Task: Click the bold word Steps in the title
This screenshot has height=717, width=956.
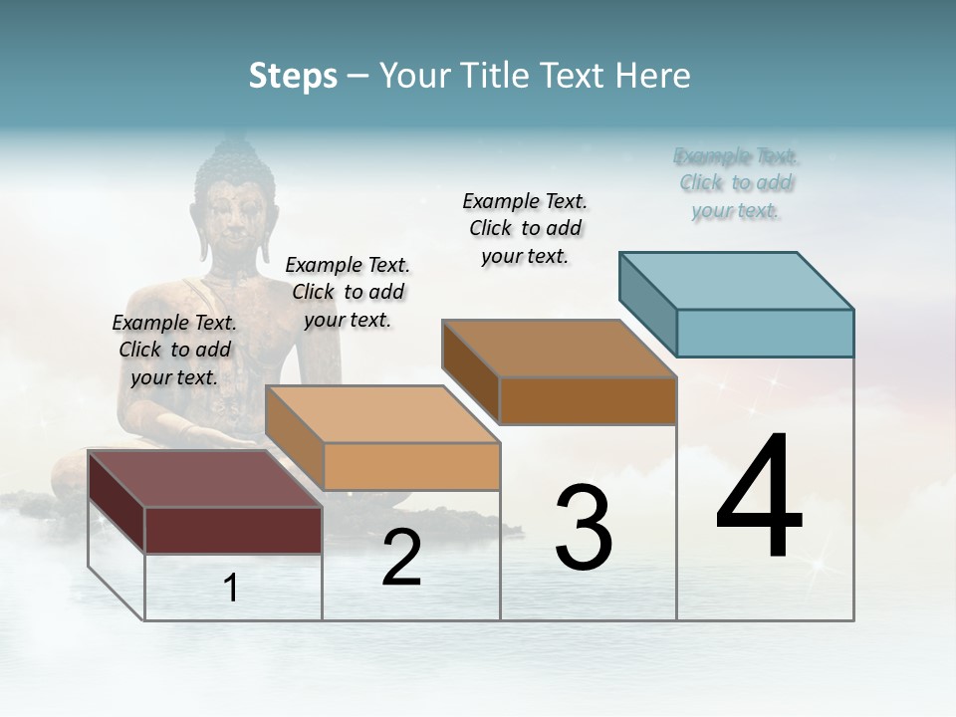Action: pyautogui.click(x=293, y=76)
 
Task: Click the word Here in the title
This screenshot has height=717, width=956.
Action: pyautogui.click(x=653, y=76)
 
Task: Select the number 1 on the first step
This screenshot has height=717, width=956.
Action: pyautogui.click(x=231, y=588)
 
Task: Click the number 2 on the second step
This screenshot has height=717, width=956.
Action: pyautogui.click(x=401, y=559)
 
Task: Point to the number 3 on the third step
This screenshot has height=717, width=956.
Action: pyautogui.click(x=584, y=528)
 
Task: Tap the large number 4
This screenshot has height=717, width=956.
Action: pyautogui.click(x=759, y=498)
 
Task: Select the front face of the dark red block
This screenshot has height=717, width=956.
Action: pyautogui.click(x=233, y=530)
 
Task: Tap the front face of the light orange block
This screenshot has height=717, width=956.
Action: pyautogui.click(x=411, y=466)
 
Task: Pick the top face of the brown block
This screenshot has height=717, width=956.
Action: pyautogui.click(x=559, y=349)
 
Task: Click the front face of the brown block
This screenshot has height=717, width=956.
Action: pyautogui.click(x=588, y=400)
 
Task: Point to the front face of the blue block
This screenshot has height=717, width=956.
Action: pyautogui.click(x=765, y=333)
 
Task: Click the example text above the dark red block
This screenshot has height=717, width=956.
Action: pyautogui.click(x=174, y=350)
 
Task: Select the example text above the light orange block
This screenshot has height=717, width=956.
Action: pyautogui.click(x=348, y=292)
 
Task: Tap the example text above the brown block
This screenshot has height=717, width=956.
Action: pyautogui.click(x=525, y=228)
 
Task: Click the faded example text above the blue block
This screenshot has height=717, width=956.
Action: pyautogui.click(x=736, y=183)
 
